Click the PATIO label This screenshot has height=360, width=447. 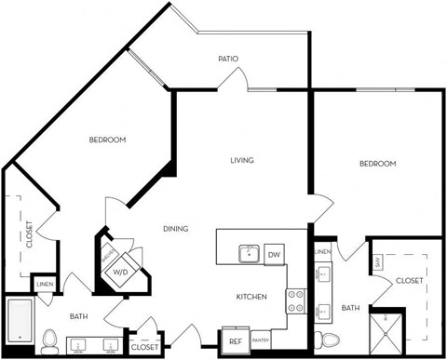(x=228, y=59)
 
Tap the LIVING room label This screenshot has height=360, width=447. (x=242, y=160)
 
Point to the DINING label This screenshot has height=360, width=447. (x=175, y=229)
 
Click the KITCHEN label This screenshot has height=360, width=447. (x=251, y=297)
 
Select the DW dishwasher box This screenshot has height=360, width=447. (x=274, y=254)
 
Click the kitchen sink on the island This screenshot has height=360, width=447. (x=249, y=254)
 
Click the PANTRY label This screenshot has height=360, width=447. (x=259, y=341)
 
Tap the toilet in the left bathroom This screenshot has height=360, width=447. (x=50, y=343)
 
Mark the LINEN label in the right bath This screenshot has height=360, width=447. (x=322, y=252)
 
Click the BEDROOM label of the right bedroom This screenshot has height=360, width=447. (x=377, y=164)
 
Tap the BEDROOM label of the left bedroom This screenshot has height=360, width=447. (x=107, y=140)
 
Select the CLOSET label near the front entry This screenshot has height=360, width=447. (x=144, y=346)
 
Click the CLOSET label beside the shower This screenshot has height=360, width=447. (x=409, y=280)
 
